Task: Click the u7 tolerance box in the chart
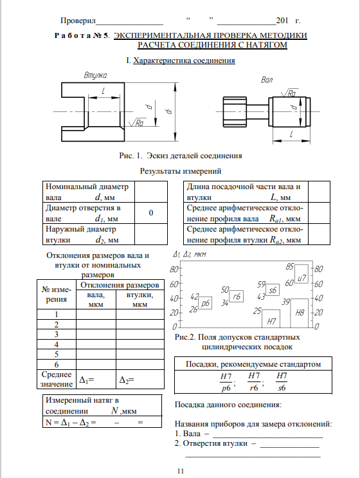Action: click(301, 274)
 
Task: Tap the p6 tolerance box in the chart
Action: click(205, 303)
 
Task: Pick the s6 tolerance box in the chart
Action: click(273, 290)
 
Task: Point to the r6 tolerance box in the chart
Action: click(237, 296)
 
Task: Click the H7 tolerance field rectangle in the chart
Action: click(271, 318)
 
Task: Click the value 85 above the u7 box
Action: click(290, 267)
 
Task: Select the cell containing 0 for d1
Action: click(151, 213)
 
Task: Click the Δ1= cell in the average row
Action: click(96, 379)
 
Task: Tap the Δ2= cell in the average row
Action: click(139, 379)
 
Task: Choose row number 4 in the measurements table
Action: click(57, 344)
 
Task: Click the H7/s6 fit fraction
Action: click(282, 381)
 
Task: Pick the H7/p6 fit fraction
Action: click(226, 382)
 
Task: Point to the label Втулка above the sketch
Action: click(95, 75)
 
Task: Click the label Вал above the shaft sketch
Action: click(267, 80)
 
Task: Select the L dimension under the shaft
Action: click(291, 134)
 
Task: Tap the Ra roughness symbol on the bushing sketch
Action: click(136, 122)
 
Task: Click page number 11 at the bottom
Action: click(181, 471)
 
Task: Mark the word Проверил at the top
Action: click(78, 21)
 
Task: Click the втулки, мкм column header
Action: click(139, 299)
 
